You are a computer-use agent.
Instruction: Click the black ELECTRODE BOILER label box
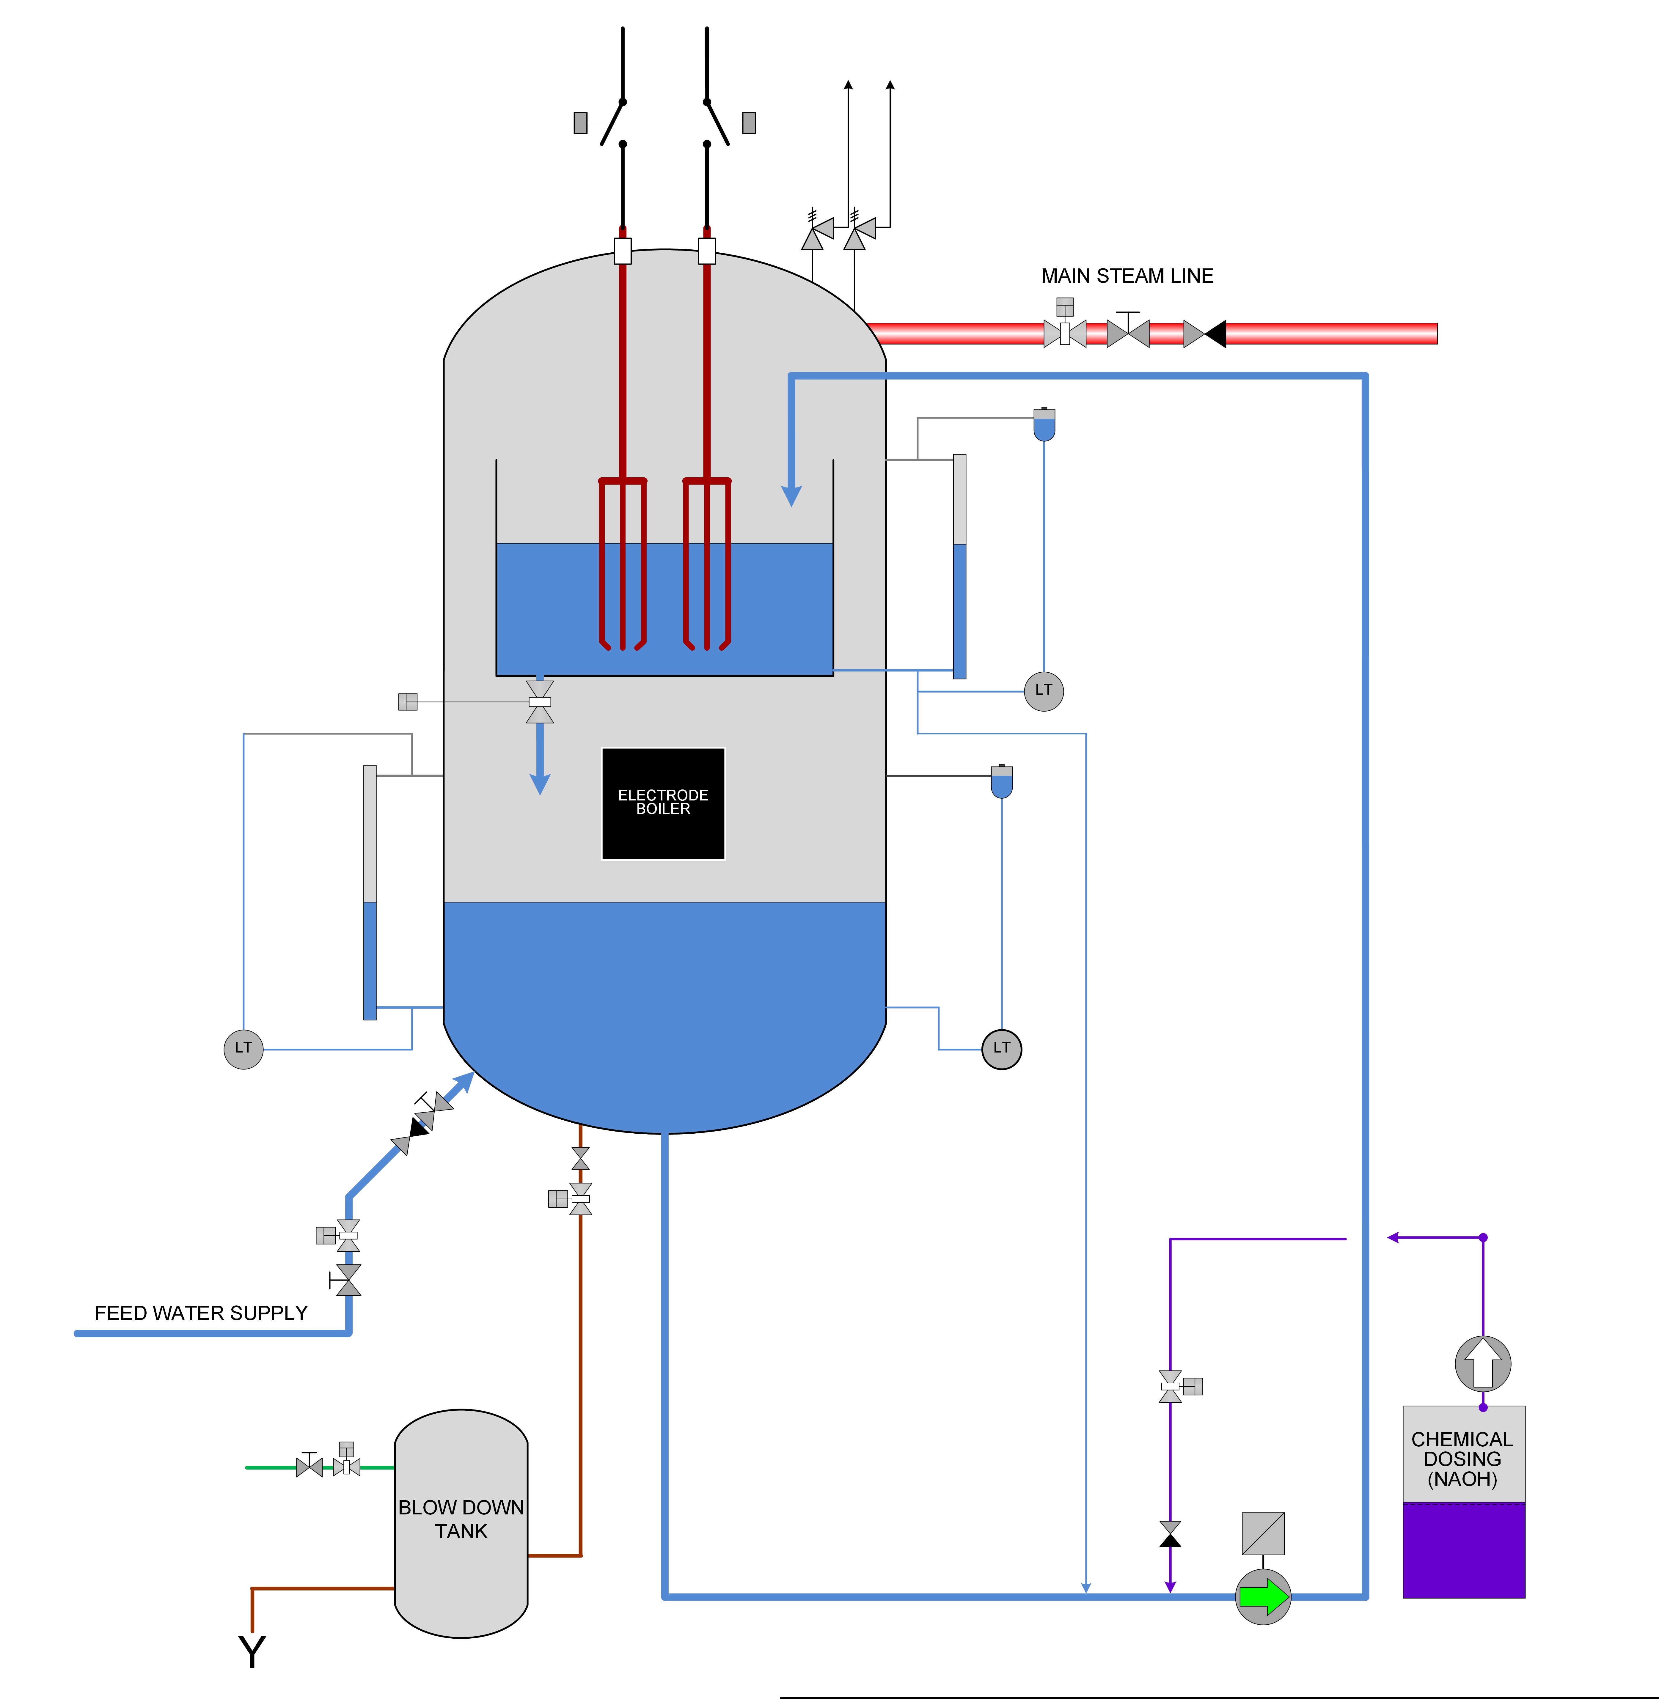pyautogui.click(x=663, y=803)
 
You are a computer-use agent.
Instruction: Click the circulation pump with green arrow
pyautogui.click(x=1263, y=1596)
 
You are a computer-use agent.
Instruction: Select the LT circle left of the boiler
pyautogui.click(x=243, y=1048)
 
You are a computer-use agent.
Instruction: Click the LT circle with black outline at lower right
pyautogui.click(x=1002, y=1048)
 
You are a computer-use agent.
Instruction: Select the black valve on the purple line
pyautogui.click(x=1170, y=1534)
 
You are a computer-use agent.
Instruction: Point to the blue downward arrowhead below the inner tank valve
pyautogui.click(x=540, y=783)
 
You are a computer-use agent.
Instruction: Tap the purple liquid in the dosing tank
pyautogui.click(x=1464, y=1550)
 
